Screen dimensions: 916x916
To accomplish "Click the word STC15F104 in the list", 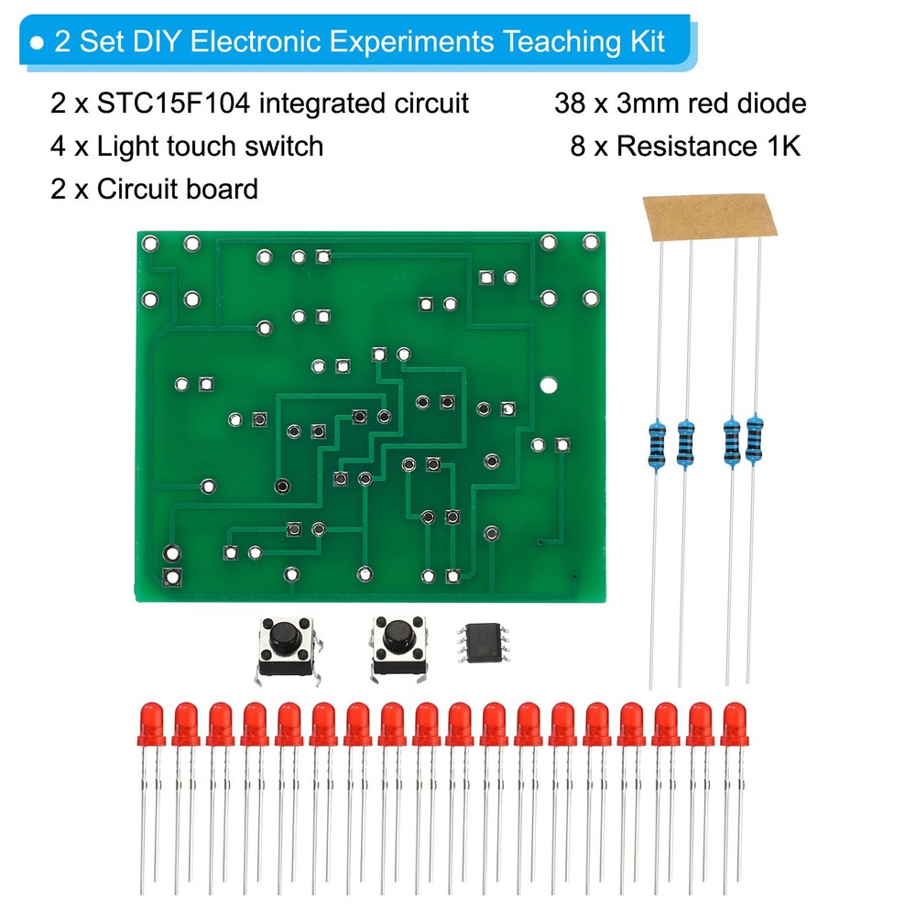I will point(175,104).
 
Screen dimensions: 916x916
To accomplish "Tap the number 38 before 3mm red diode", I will point(569,104).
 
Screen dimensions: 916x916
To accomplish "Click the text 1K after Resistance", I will point(780,147).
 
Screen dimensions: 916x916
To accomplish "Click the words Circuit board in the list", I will point(178,190).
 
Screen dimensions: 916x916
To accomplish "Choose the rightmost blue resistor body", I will point(755,439).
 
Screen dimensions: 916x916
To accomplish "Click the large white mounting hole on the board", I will point(549,386).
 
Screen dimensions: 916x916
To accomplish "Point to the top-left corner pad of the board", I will point(150,244).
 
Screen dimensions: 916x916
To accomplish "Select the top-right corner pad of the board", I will point(591,244).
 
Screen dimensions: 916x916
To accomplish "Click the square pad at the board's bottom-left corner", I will point(171,577).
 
